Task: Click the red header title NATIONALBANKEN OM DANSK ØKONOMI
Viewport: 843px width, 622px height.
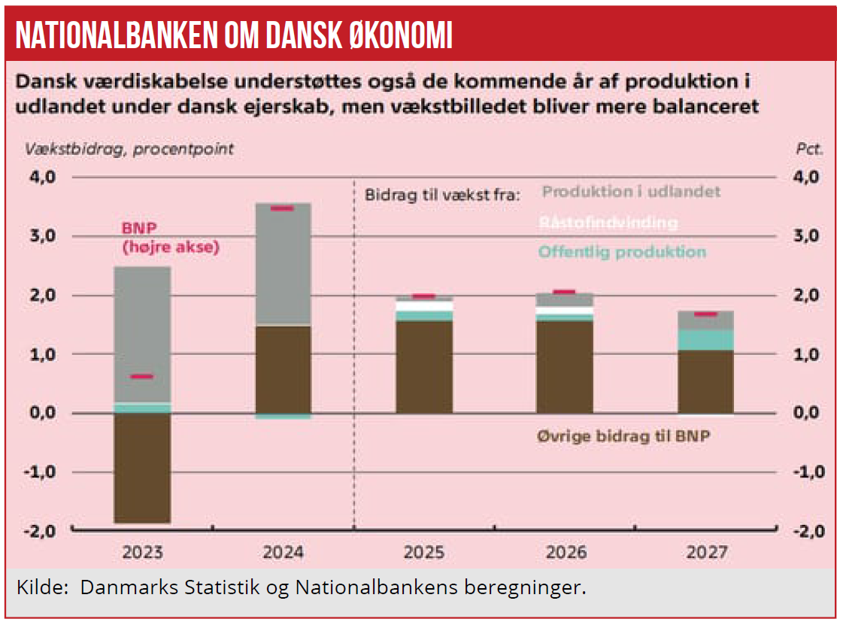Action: point(234,35)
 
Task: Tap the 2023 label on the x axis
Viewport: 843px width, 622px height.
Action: point(143,553)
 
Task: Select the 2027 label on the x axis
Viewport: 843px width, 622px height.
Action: point(707,553)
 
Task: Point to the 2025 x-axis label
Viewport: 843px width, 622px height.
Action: point(425,553)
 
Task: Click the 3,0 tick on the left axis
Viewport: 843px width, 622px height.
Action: point(43,236)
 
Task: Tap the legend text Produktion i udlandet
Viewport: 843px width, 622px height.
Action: point(631,192)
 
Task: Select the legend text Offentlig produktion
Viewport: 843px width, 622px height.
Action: point(622,252)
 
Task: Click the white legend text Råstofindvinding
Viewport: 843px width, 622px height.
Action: point(608,223)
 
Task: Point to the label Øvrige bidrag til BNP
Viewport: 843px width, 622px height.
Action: point(623,435)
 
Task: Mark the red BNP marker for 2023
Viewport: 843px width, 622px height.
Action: point(142,377)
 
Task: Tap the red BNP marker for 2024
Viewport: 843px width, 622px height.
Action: point(283,208)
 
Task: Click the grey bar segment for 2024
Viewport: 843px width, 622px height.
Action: point(283,263)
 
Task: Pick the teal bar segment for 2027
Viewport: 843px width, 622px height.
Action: point(707,340)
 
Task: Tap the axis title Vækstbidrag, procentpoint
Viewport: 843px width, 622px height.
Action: point(129,149)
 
